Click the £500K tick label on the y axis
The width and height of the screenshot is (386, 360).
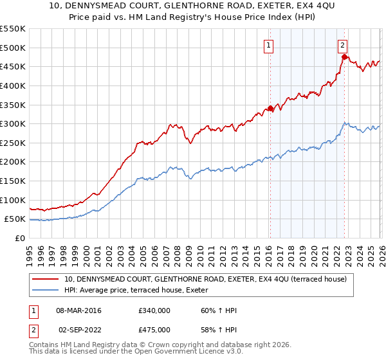pyautogui.click(x=13, y=48)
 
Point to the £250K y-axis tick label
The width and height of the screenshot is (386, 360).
pyautogui.click(x=13, y=143)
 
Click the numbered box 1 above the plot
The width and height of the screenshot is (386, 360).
pyautogui.click(x=268, y=45)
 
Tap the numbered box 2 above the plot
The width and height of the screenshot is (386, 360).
pyautogui.click(x=343, y=45)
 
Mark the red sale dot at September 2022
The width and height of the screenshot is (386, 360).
pyautogui.click(x=344, y=57)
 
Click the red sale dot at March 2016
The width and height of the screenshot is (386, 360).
pyautogui.click(x=270, y=109)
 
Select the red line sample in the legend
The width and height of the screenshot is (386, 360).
pyautogui.click(x=46, y=280)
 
